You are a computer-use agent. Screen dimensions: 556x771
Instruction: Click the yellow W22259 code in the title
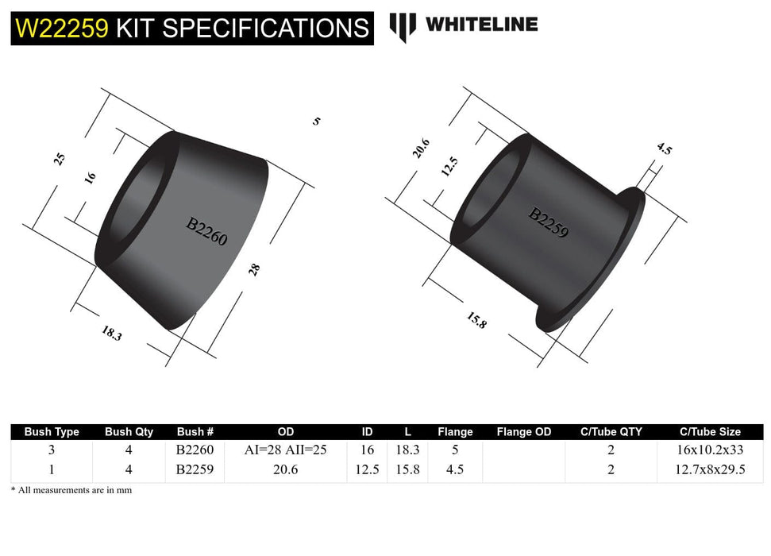tap(62, 29)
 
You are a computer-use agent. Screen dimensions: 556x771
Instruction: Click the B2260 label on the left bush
tap(206, 231)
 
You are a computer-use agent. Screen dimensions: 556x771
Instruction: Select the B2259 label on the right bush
tap(549, 225)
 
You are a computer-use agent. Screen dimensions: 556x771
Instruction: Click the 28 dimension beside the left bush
tap(254, 268)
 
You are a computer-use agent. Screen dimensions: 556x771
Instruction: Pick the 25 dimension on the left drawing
tap(59, 159)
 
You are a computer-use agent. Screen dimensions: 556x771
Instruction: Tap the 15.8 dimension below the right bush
tap(476, 319)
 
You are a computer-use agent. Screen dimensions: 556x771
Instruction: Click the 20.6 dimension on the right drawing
tap(422, 149)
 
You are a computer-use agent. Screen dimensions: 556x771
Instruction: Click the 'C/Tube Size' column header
tap(711, 432)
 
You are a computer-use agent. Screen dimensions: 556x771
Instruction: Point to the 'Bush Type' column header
tap(52, 432)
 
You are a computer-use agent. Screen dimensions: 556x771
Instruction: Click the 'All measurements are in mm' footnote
tap(71, 490)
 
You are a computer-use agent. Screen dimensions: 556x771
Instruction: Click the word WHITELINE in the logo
tap(481, 25)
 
